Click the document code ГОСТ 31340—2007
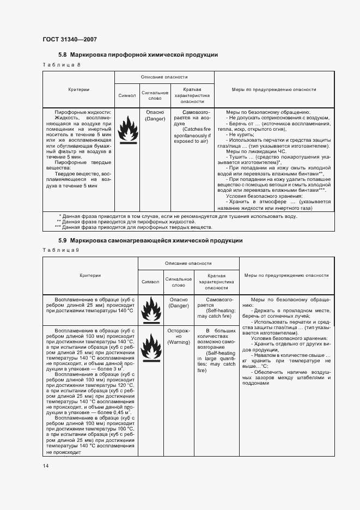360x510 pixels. click(69, 39)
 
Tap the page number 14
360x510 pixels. click(46, 465)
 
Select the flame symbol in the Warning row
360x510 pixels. click(150, 347)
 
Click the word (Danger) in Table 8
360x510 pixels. click(155, 118)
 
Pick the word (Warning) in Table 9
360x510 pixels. click(178, 342)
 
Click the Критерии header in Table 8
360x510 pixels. click(78, 90)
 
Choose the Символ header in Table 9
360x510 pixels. click(150, 282)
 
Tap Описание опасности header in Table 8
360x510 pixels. click(164, 77)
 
